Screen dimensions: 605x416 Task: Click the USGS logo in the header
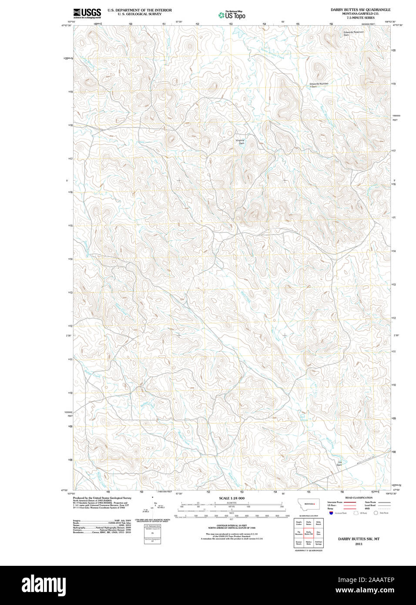point(87,13)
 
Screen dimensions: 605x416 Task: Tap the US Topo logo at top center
point(232,15)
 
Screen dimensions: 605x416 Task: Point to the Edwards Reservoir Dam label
point(353,33)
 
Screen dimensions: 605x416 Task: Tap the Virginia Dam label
point(240,141)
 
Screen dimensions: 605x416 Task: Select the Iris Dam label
point(339,464)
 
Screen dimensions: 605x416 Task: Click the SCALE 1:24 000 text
point(231,498)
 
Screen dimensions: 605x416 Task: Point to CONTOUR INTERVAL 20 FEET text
point(231,526)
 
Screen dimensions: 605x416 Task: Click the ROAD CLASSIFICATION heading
point(359,497)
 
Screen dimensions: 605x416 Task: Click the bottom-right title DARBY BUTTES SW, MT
point(359,539)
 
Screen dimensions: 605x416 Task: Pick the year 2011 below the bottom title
point(359,544)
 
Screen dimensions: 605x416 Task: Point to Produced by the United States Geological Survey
point(102,498)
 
